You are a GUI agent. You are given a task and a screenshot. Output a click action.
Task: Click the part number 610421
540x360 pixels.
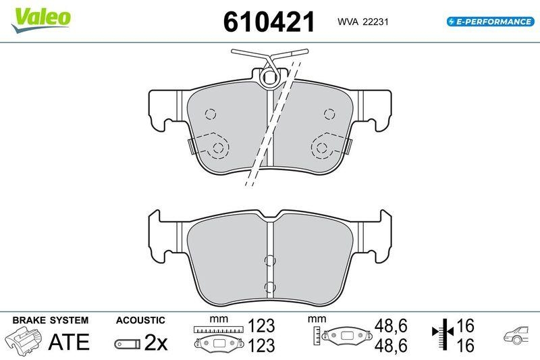coord(269,22)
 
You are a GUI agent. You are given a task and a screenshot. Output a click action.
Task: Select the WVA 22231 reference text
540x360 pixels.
coord(363,22)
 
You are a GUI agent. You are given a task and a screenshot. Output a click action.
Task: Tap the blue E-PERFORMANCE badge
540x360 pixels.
coord(491,22)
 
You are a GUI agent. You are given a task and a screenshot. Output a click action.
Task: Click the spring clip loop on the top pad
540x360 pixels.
coord(269,78)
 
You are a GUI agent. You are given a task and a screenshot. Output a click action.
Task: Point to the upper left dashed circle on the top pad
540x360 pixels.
coord(210,113)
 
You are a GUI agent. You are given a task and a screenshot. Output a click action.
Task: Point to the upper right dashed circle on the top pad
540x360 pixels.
coord(329,113)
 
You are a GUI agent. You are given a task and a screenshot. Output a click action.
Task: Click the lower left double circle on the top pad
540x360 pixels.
coord(217,148)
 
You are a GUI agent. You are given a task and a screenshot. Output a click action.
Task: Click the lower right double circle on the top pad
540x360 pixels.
coord(322,148)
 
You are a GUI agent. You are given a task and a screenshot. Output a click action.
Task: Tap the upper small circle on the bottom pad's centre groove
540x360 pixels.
coord(269,261)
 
